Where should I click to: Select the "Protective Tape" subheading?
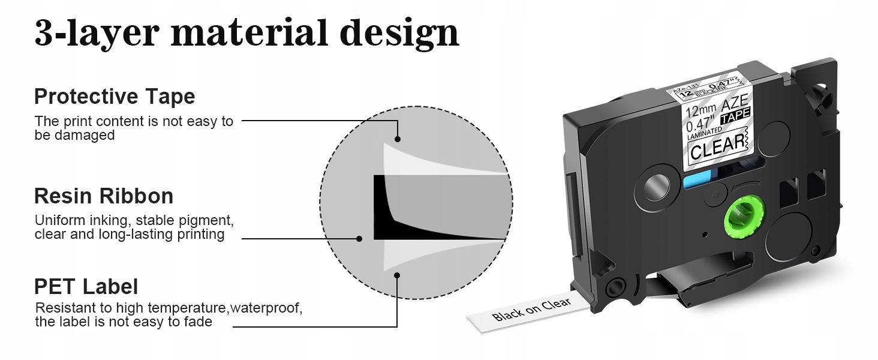[x=115, y=97]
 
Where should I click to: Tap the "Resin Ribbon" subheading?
[x=104, y=196]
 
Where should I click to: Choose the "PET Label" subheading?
[x=86, y=286]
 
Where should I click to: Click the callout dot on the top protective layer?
[x=397, y=139]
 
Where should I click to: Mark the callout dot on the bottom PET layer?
[x=397, y=276]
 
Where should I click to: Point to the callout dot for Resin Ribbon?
[x=359, y=238]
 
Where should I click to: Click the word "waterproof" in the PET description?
[x=266, y=308]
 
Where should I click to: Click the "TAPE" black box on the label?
[x=735, y=117]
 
